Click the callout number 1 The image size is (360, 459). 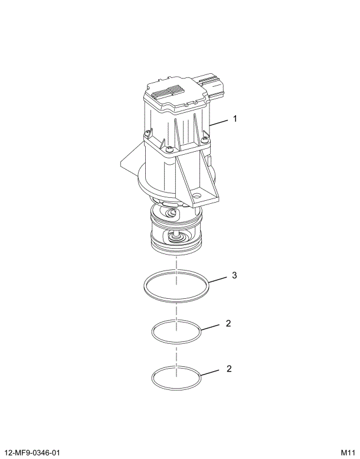tap(235, 119)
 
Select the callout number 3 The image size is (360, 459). tap(235, 275)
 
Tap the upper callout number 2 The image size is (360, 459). tap(228, 324)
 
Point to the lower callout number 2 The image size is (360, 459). tap(228, 369)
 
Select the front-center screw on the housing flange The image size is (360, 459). tap(169, 149)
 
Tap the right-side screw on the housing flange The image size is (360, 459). tap(204, 139)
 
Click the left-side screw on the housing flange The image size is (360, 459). tap(145, 133)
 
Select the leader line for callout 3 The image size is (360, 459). tap(218, 279)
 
